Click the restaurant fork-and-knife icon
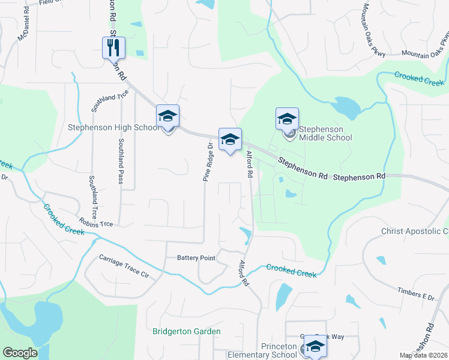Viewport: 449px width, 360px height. [x=113, y=47]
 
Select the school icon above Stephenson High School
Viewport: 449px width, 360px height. [x=168, y=116]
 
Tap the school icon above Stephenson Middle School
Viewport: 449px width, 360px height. [x=288, y=118]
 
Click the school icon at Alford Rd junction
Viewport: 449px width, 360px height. [x=229, y=140]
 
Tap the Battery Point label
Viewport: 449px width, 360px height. [x=196, y=258]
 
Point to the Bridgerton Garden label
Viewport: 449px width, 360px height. [x=186, y=331]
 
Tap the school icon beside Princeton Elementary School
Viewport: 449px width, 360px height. [x=315, y=346]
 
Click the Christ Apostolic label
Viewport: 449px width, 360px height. [x=415, y=231]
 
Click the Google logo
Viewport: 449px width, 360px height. [x=20, y=353]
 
